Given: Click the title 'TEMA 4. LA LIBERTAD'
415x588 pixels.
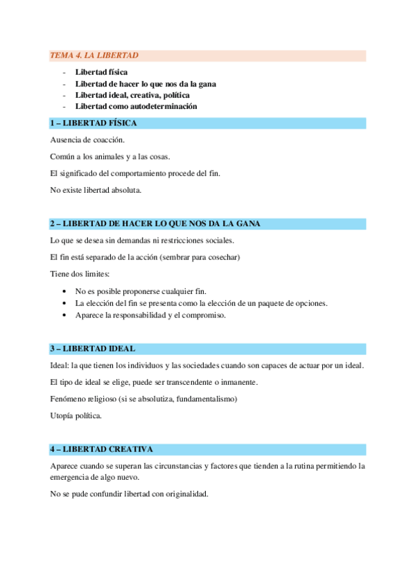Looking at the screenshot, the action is pos(94,55).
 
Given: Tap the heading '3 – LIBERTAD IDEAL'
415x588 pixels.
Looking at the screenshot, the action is pos(92,349).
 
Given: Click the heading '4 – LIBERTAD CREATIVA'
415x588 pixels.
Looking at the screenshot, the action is pos(101,449).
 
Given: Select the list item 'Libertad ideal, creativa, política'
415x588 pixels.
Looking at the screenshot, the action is pos(132,95).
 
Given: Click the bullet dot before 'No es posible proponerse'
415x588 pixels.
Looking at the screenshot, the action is pos(64,292).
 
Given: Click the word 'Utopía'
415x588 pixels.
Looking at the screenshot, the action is pos(63,415).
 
